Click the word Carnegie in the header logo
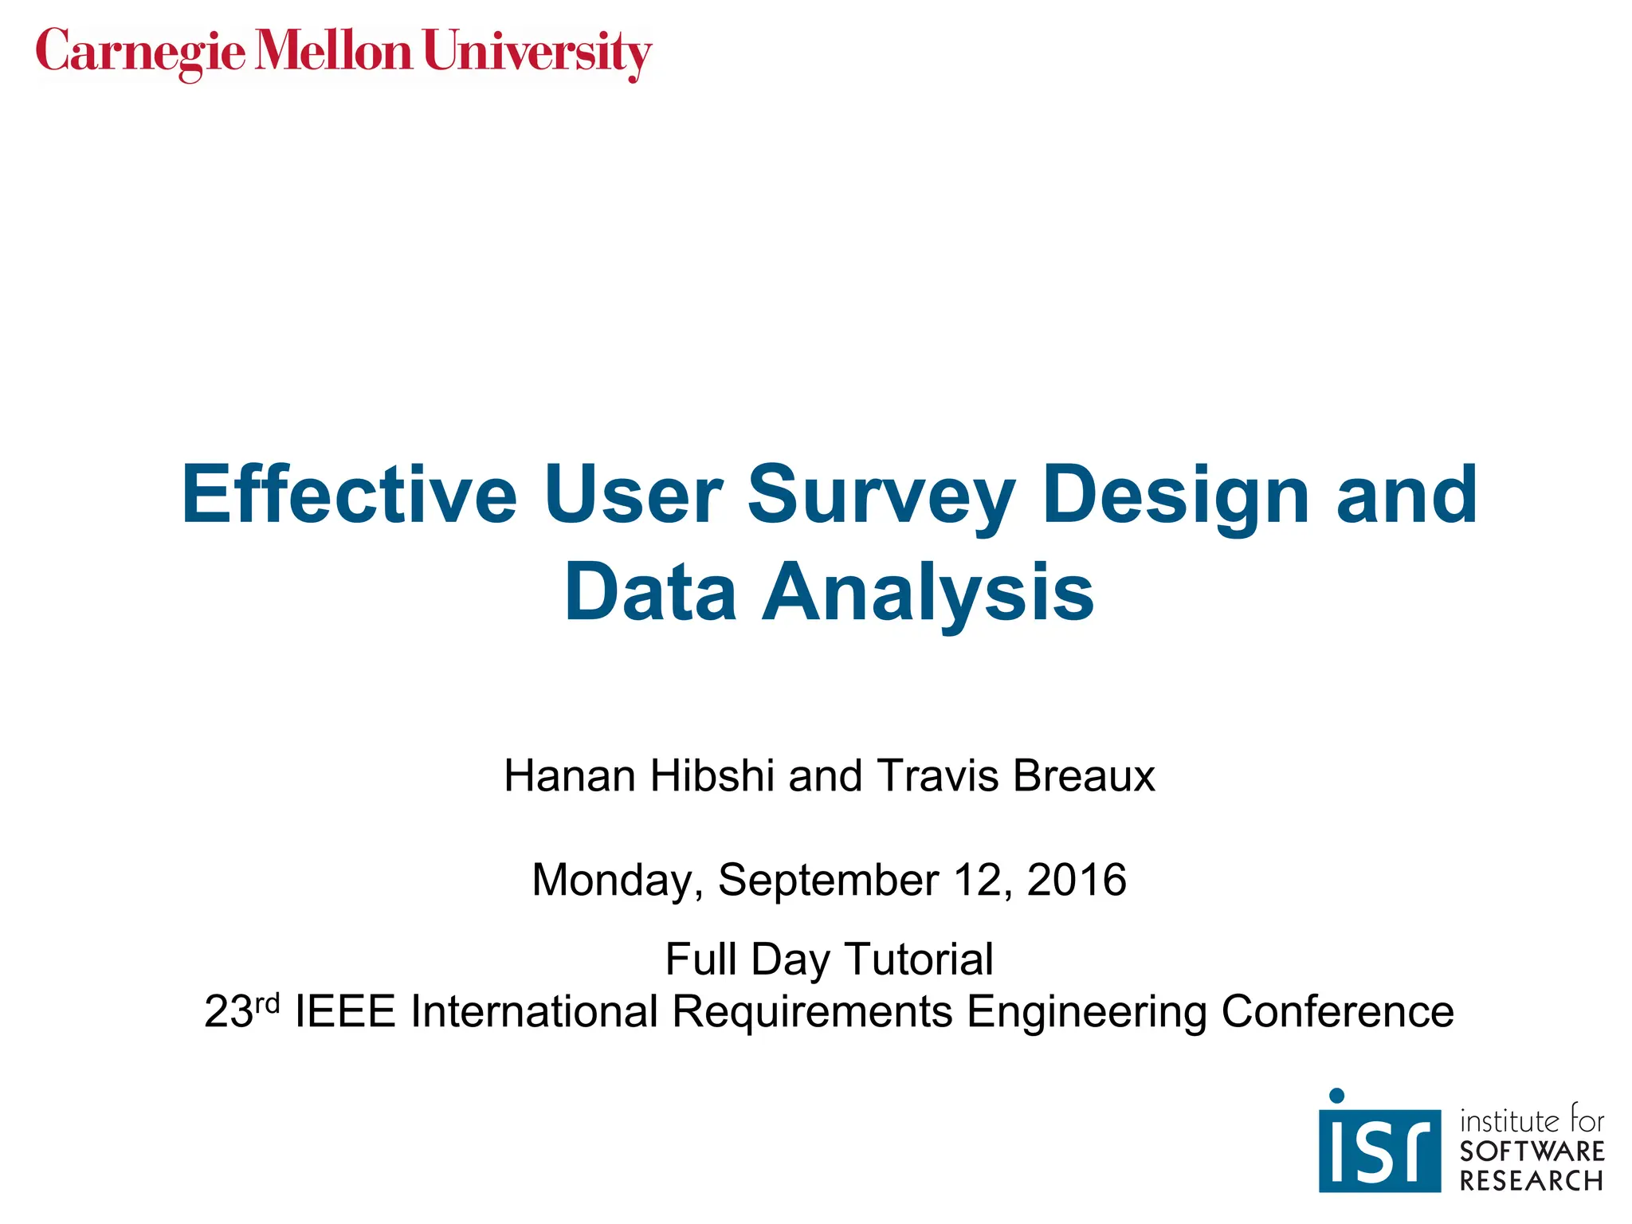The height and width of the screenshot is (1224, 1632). (x=140, y=53)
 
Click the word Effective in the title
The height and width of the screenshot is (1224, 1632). (x=349, y=495)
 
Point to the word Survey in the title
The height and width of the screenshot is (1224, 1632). (x=881, y=496)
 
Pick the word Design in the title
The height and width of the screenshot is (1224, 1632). (x=1176, y=496)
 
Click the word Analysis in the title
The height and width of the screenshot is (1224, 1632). (x=928, y=593)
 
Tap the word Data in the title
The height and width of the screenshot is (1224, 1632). (x=649, y=593)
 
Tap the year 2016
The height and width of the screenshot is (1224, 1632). (x=1077, y=879)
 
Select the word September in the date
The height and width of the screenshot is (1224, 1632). (x=829, y=881)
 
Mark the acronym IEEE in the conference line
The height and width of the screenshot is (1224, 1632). (x=345, y=1011)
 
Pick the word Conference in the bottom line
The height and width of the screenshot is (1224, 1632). (x=1337, y=1011)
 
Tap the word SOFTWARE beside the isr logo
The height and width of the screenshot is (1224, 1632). (x=1532, y=1151)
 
